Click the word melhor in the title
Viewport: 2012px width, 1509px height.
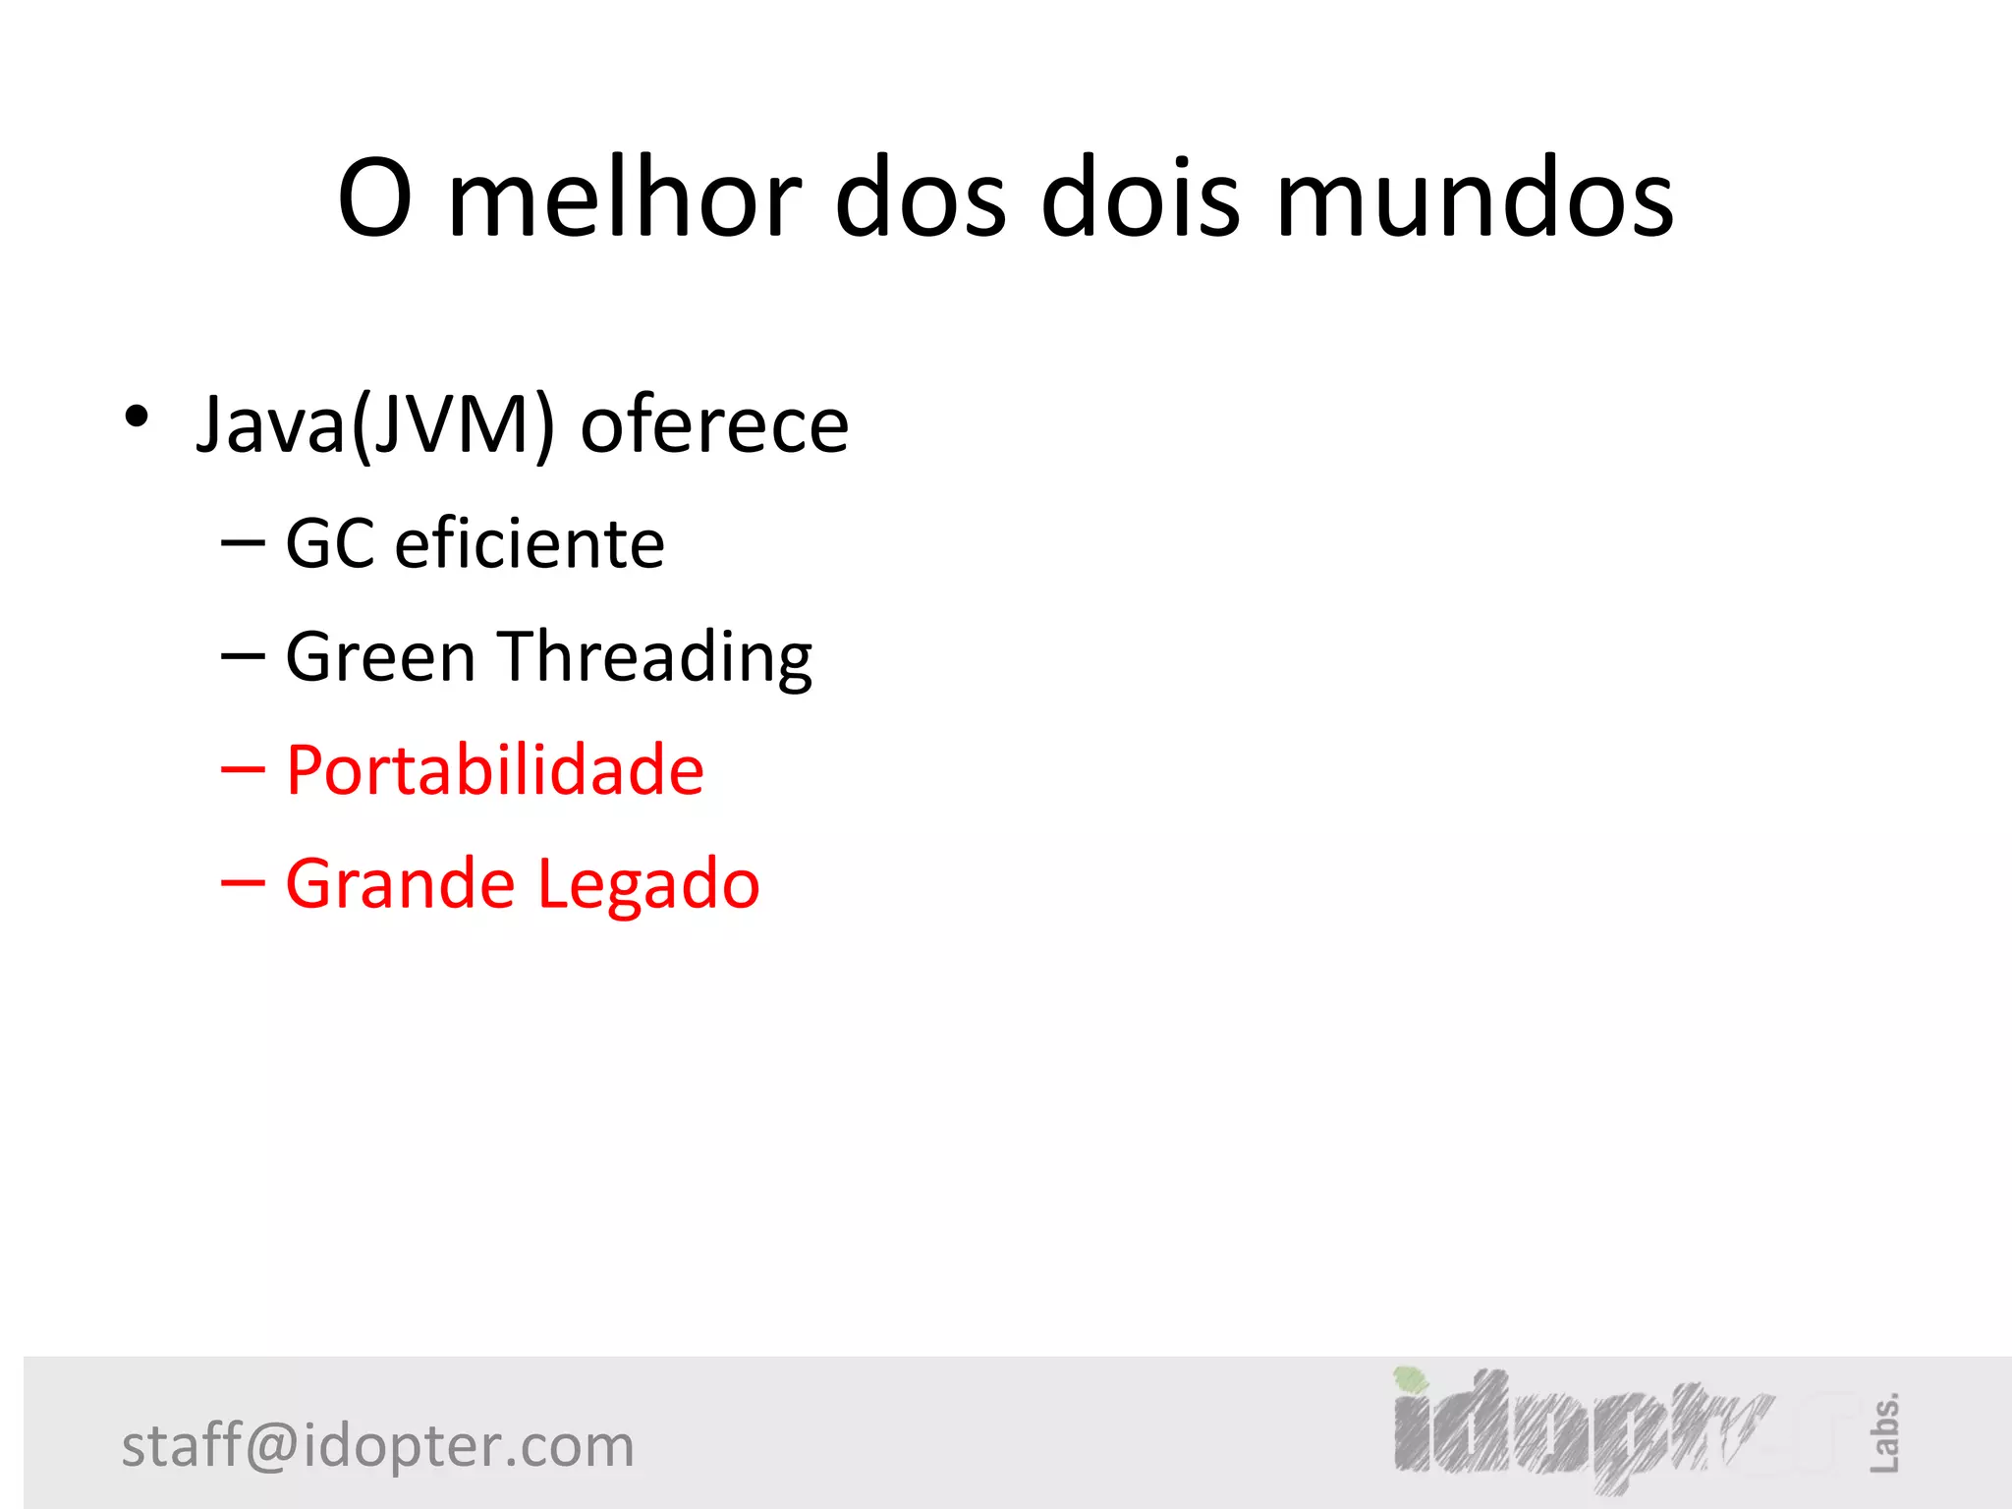(625, 198)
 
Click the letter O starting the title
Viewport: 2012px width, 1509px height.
(374, 198)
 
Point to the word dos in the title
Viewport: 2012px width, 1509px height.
(921, 198)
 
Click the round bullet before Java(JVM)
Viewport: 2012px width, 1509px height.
(137, 417)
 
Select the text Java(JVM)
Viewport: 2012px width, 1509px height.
(376, 424)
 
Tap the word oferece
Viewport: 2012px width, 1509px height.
(714, 424)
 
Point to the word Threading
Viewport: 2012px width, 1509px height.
(656, 658)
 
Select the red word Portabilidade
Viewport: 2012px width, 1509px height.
(495, 769)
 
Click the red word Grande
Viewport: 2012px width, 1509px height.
(400, 883)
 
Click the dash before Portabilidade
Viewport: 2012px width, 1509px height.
(243, 770)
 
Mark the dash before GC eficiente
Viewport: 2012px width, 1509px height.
(243, 544)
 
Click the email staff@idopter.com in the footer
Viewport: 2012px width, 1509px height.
(378, 1446)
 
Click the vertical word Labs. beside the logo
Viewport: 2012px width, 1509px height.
(1884, 1432)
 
